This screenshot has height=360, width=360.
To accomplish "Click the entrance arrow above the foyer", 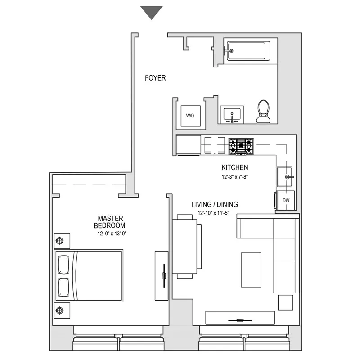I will click(151, 12).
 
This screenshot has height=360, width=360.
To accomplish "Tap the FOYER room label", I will click(155, 78).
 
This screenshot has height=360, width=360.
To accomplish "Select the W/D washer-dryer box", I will click(190, 116).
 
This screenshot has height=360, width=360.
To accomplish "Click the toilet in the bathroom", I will click(263, 111).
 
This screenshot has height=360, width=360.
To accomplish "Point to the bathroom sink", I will click(232, 114).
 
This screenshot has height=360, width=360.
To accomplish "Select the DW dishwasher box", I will click(286, 200).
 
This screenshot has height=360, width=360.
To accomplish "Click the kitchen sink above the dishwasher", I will click(285, 177).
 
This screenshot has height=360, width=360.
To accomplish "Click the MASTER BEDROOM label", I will click(109, 222).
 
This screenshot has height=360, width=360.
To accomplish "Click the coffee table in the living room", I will click(251, 270).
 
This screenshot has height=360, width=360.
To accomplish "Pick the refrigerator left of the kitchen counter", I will click(188, 145).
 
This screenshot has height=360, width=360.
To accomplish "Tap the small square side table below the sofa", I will click(285, 302).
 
